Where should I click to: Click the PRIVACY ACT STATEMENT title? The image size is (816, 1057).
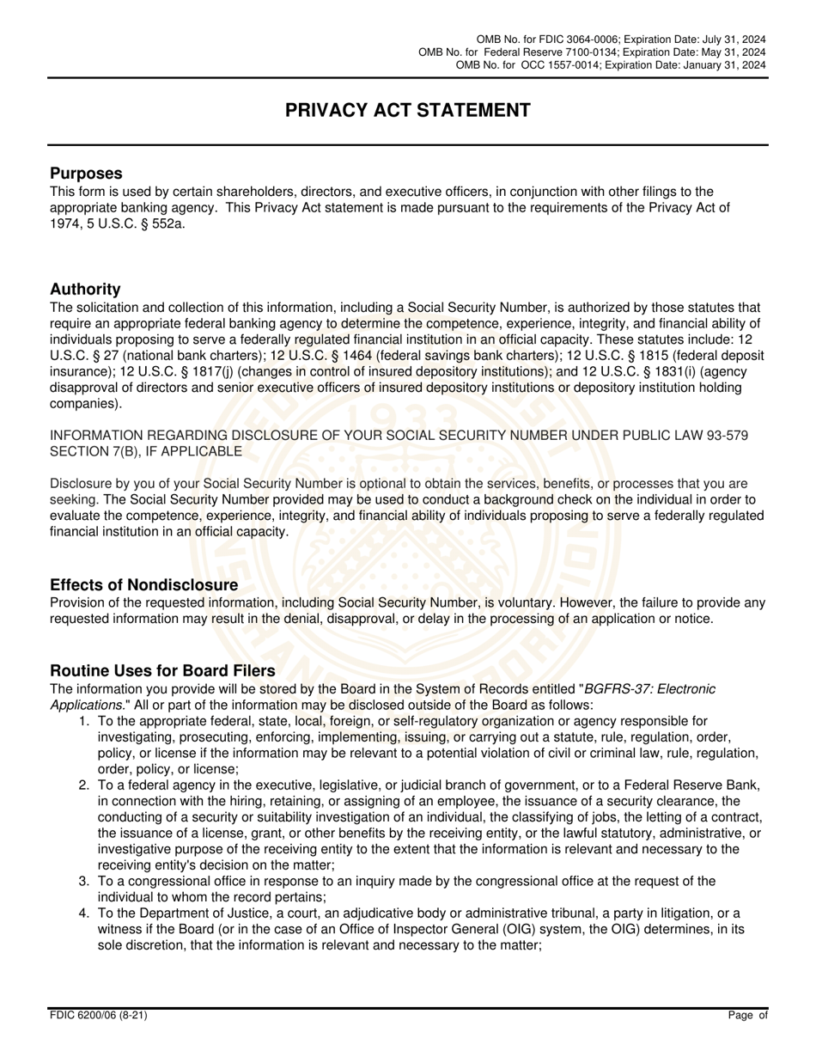point(407,110)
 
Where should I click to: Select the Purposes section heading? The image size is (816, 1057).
point(86,174)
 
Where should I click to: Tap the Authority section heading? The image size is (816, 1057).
point(85,289)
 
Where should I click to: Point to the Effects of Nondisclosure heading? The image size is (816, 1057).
point(143,585)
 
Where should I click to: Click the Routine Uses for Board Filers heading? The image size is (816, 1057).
point(162,670)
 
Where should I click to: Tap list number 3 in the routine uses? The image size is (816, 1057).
point(84,881)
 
